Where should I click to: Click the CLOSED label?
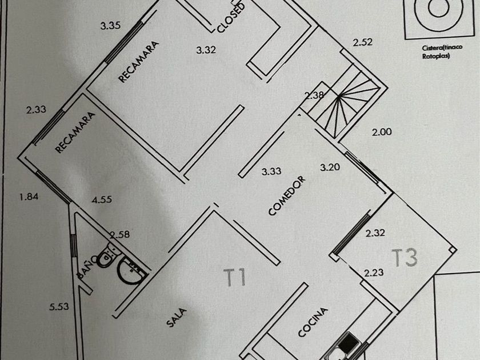coord(231,17)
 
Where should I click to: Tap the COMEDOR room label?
coord(287,195)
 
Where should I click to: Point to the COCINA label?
coord(313,322)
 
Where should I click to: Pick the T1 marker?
coord(234,278)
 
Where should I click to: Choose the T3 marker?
coord(405,258)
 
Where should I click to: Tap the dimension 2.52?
coord(363,42)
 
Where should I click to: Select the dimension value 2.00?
coord(382,132)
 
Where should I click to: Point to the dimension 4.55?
coord(102,200)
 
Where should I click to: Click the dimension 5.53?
coord(59,307)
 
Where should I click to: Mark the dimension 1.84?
coord(29,197)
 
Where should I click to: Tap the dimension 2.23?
coord(374,273)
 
